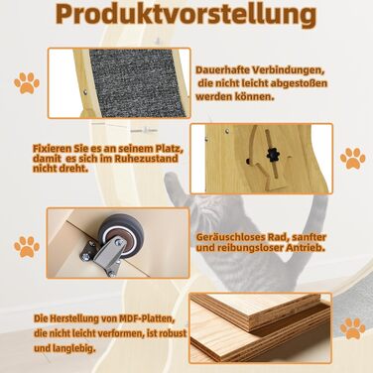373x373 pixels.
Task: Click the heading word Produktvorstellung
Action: click(186, 15)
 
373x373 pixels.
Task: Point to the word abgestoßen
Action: click(299, 83)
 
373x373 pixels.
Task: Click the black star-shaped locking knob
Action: click(273, 155)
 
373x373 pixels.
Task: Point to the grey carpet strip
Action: click(137, 81)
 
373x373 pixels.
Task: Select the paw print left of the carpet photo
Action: click(27, 83)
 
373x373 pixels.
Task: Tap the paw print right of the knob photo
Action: click(353, 159)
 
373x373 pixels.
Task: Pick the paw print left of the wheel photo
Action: click(27, 247)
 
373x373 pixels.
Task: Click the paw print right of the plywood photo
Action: click(353, 328)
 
